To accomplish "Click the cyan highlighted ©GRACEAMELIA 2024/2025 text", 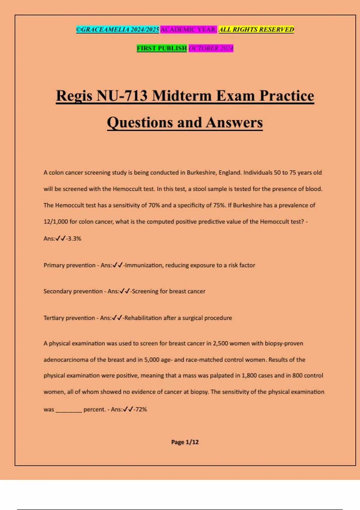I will [x=118, y=29].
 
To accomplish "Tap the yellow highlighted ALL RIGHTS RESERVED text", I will [x=256, y=29].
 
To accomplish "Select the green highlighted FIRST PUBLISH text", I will [x=162, y=48].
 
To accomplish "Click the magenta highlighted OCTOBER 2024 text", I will [x=211, y=48].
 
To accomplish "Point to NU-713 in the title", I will [x=122, y=96].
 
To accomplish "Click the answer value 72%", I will [x=141, y=409].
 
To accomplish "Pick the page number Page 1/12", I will [x=185, y=442].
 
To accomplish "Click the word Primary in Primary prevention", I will [x=54, y=265].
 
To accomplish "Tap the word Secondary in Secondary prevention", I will [x=58, y=291].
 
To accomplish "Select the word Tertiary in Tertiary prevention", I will [x=54, y=318].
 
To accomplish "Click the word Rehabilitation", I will [x=143, y=318].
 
